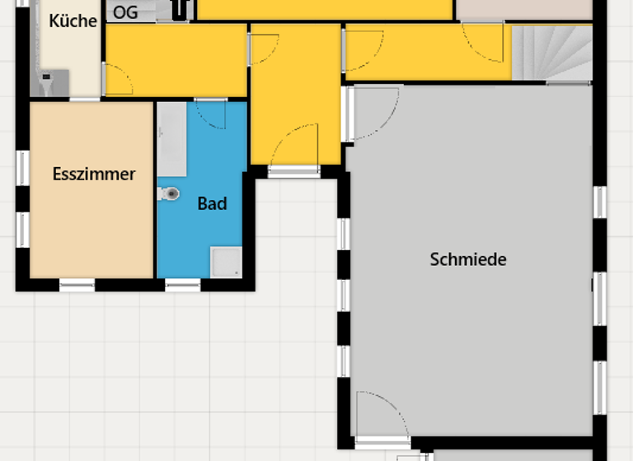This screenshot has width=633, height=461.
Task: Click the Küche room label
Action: (73, 21)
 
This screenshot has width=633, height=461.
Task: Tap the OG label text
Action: (125, 12)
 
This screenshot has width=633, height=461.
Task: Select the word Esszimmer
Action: (93, 175)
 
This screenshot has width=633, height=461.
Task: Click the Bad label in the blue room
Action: (212, 203)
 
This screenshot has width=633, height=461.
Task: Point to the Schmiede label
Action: (468, 259)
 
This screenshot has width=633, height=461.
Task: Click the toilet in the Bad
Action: (169, 194)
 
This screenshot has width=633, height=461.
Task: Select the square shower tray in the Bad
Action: (226, 262)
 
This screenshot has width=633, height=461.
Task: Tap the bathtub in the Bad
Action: (172, 140)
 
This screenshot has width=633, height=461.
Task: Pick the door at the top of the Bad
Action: (211, 114)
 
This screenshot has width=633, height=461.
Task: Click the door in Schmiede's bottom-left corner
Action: (381, 420)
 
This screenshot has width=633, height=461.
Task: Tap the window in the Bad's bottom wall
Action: (182, 285)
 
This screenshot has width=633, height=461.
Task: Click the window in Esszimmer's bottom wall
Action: (77, 285)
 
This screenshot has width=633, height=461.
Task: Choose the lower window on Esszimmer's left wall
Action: (22, 230)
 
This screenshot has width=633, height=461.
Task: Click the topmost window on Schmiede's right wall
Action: (600, 203)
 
